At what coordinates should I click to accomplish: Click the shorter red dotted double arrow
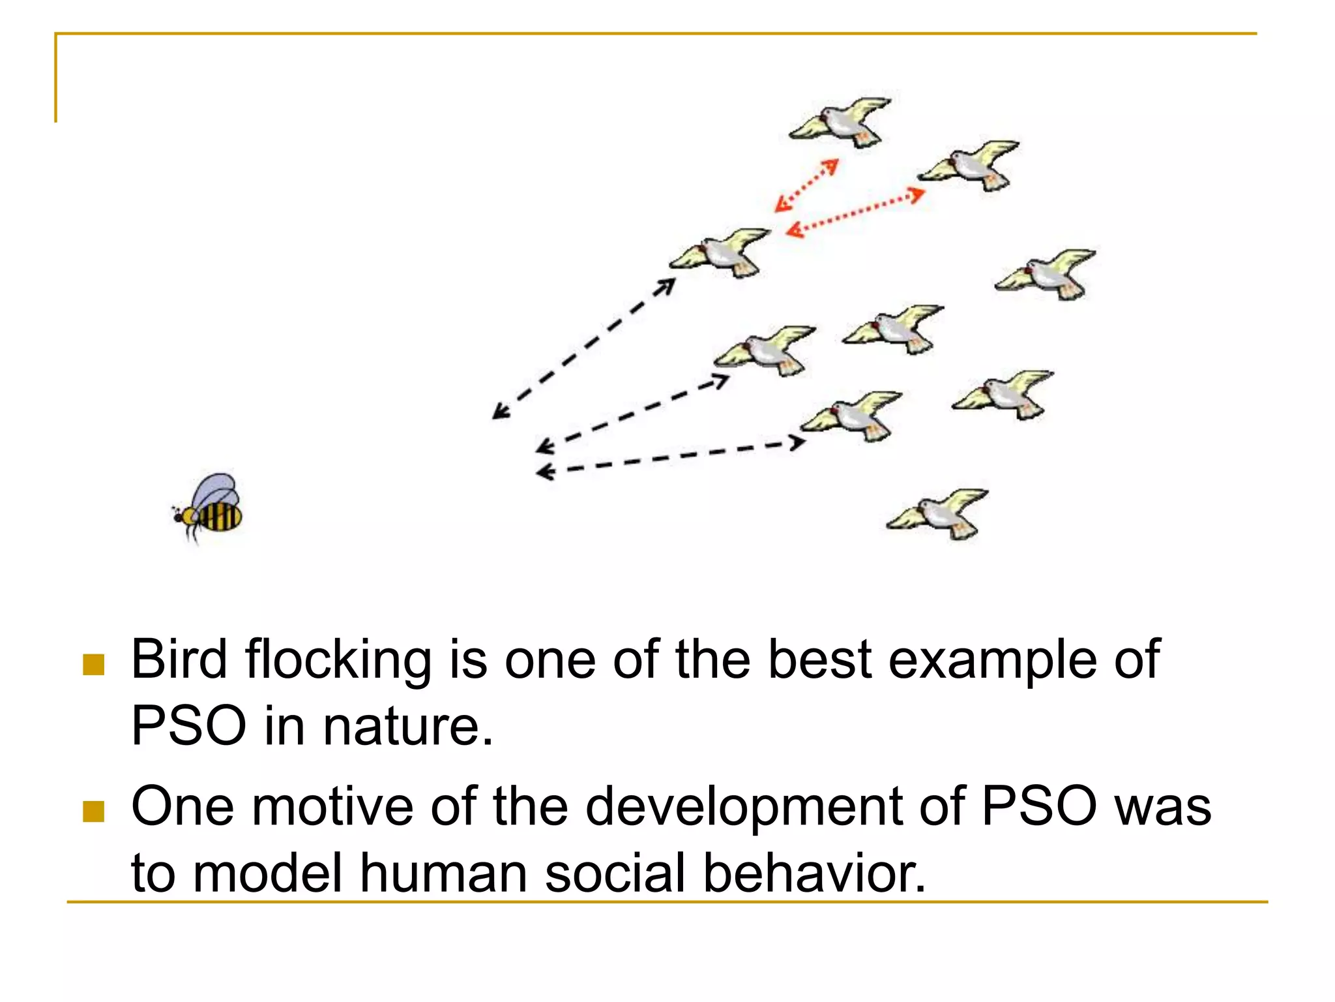tap(806, 186)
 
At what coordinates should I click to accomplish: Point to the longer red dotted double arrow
tap(855, 212)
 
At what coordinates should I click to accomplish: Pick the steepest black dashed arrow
tap(584, 348)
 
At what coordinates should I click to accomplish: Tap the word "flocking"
tap(338, 660)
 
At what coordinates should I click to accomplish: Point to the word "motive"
tap(332, 807)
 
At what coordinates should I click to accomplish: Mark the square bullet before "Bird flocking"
tap(94, 665)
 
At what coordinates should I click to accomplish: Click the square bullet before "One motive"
tap(94, 812)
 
